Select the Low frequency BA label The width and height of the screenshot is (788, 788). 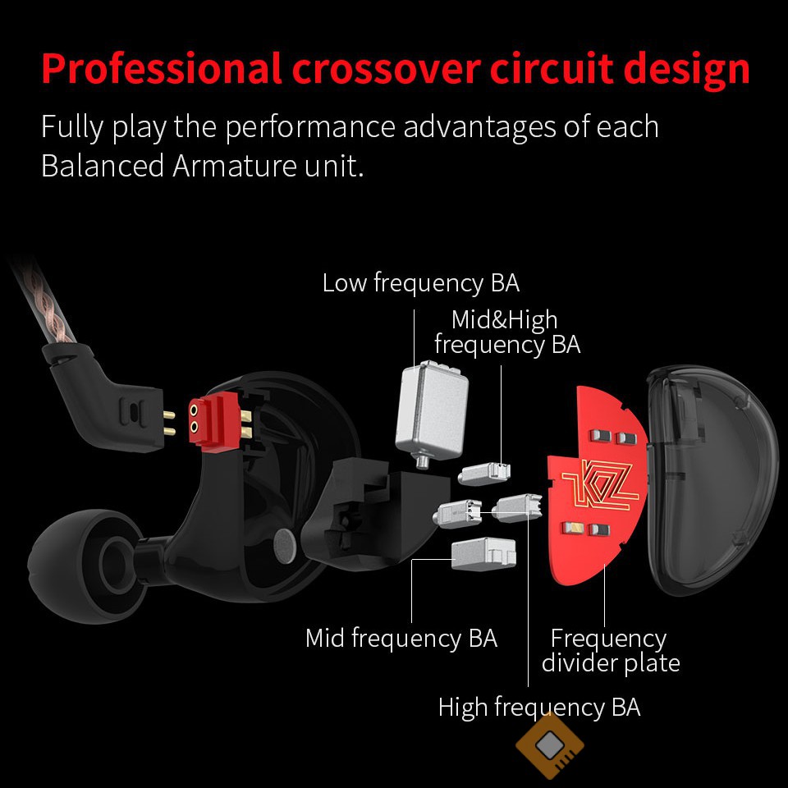[x=420, y=283]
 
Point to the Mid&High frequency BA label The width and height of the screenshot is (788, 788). [x=506, y=332]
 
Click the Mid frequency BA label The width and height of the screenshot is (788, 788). [x=401, y=638]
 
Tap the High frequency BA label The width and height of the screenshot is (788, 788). [x=538, y=707]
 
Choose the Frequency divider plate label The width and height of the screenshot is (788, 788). [x=610, y=650]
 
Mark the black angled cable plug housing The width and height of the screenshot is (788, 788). [x=107, y=402]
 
